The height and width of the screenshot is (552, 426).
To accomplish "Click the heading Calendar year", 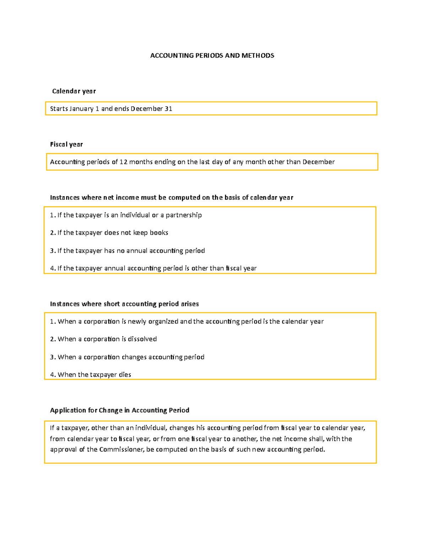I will pyautogui.click(x=74, y=91).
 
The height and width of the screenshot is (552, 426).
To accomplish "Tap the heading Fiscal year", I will pyautogui.click(x=66, y=144).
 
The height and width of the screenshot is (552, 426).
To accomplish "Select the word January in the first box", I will pyautogui.click(x=81, y=109).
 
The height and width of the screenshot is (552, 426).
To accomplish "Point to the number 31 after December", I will pyautogui.click(x=168, y=109).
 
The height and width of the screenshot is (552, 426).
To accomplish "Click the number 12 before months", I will pyautogui.click(x=123, y=162).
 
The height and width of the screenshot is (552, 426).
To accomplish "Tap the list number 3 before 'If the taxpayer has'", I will pyautogui.click(x=52, y=251).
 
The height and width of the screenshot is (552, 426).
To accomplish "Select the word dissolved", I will pyautogui.click(x=142, y=339).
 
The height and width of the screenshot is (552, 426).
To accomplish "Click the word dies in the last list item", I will pyautogui.click(x=125, y=375).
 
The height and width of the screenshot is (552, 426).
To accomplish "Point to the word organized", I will pyautogui.click(x=163, y=322).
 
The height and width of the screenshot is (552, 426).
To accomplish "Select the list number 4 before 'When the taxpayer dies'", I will pyautogui.click(x=52, y=375).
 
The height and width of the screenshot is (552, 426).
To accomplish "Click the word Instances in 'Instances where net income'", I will pyautogui.click(x=65, y=198).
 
